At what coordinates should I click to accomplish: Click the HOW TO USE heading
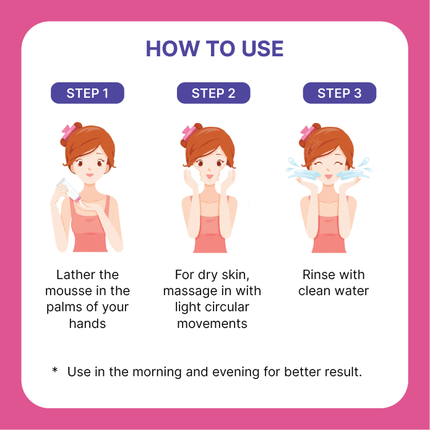click(x=215, y=48)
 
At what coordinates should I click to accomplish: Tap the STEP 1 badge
click(x=87, y=93)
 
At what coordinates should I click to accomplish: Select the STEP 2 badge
click(x=213, y=93)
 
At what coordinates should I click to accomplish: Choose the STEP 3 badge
click(x=340, y=93)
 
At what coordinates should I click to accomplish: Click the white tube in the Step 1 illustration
click(x=69, y=189)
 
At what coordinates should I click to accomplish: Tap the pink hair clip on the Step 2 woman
click(x=189, y=132)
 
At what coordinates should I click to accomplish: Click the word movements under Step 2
click(x=212, y=324)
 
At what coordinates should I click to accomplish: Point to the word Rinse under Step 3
click(x=319, y=275)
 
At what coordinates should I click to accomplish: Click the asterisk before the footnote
click(x=55, y=370)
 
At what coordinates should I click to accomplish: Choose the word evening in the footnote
click(x=236, y=372)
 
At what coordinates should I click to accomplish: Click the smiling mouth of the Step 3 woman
click(x=329, y=176)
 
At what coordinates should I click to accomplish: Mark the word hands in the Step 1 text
click(x=87, y=324)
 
